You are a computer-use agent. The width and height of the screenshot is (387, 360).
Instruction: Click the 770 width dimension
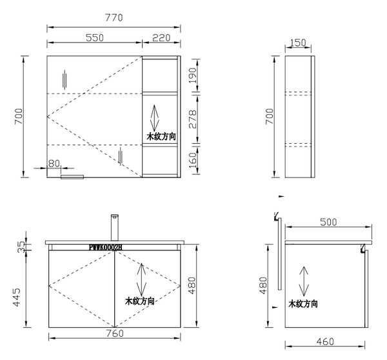click(114, 18)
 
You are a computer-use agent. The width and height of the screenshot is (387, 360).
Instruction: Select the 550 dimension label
click(95, 38)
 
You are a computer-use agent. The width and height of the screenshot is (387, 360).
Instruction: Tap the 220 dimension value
click(161, 38)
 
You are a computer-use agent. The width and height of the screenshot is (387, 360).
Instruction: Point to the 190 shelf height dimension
click(193, 75)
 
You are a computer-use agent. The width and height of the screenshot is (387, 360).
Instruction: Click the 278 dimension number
click(193, 119)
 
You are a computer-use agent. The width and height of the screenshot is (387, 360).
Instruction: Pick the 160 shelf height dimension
click(193, 160)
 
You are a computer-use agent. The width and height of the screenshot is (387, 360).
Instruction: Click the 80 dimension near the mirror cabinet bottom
click(54, 163)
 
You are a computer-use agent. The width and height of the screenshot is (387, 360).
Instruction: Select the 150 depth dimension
click(298, 43)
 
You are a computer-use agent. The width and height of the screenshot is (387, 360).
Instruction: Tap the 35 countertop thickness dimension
click(21, 246)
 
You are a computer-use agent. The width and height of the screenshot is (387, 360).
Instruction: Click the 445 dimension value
click(17, 297)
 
